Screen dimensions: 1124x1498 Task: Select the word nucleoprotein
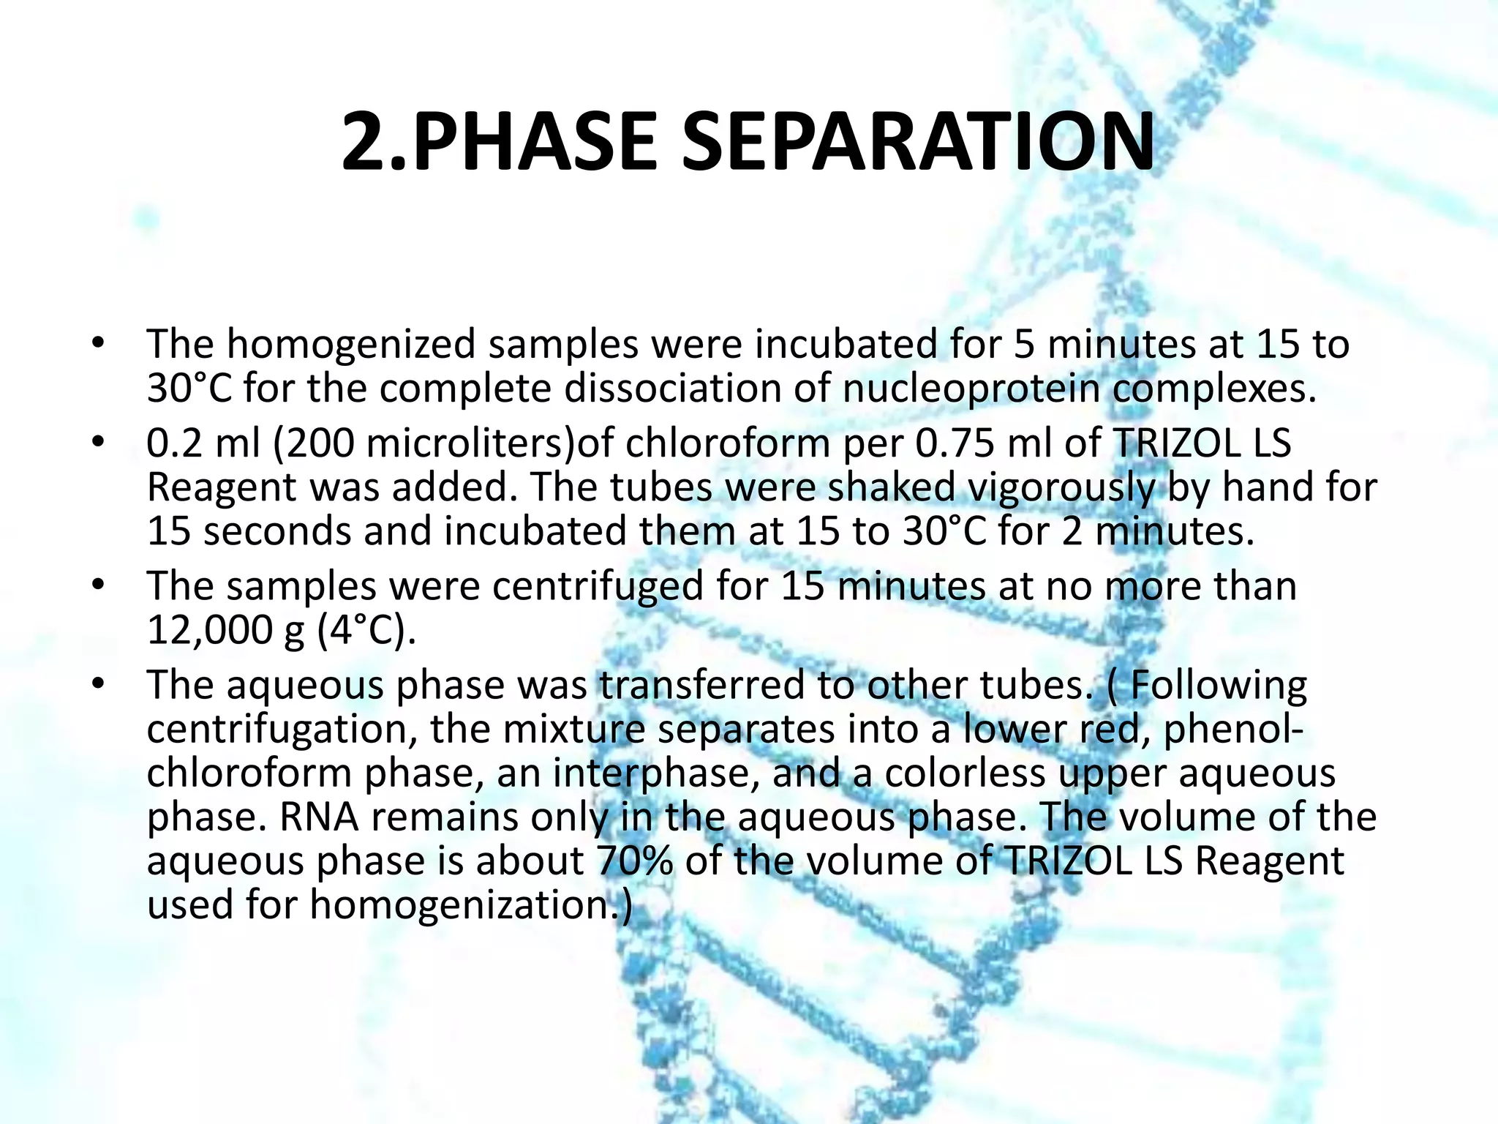coord(971,388)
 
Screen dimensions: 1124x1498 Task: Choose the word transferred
coord(702,686)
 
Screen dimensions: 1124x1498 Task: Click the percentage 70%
coord(634,861)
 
